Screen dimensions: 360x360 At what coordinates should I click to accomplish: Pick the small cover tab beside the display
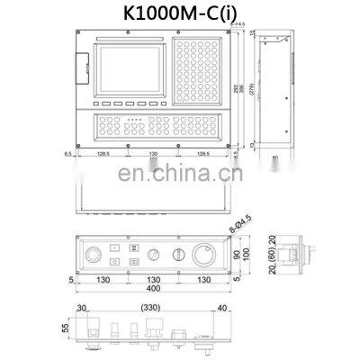(83, 66)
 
